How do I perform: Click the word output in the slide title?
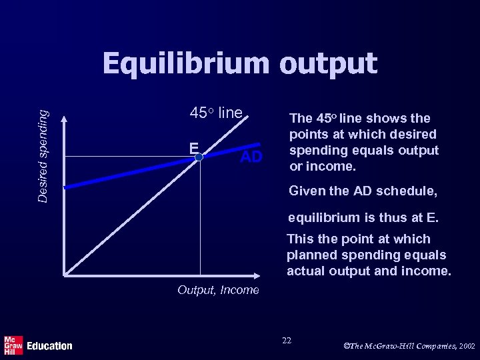328,65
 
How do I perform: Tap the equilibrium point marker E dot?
199,157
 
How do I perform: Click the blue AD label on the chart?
251,157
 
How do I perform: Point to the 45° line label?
216,113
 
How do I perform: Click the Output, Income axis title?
218,290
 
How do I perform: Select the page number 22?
287,341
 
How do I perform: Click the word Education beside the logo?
49,346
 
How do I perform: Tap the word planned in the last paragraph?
311,255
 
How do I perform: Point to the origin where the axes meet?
65,274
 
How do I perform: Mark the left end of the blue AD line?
66,187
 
